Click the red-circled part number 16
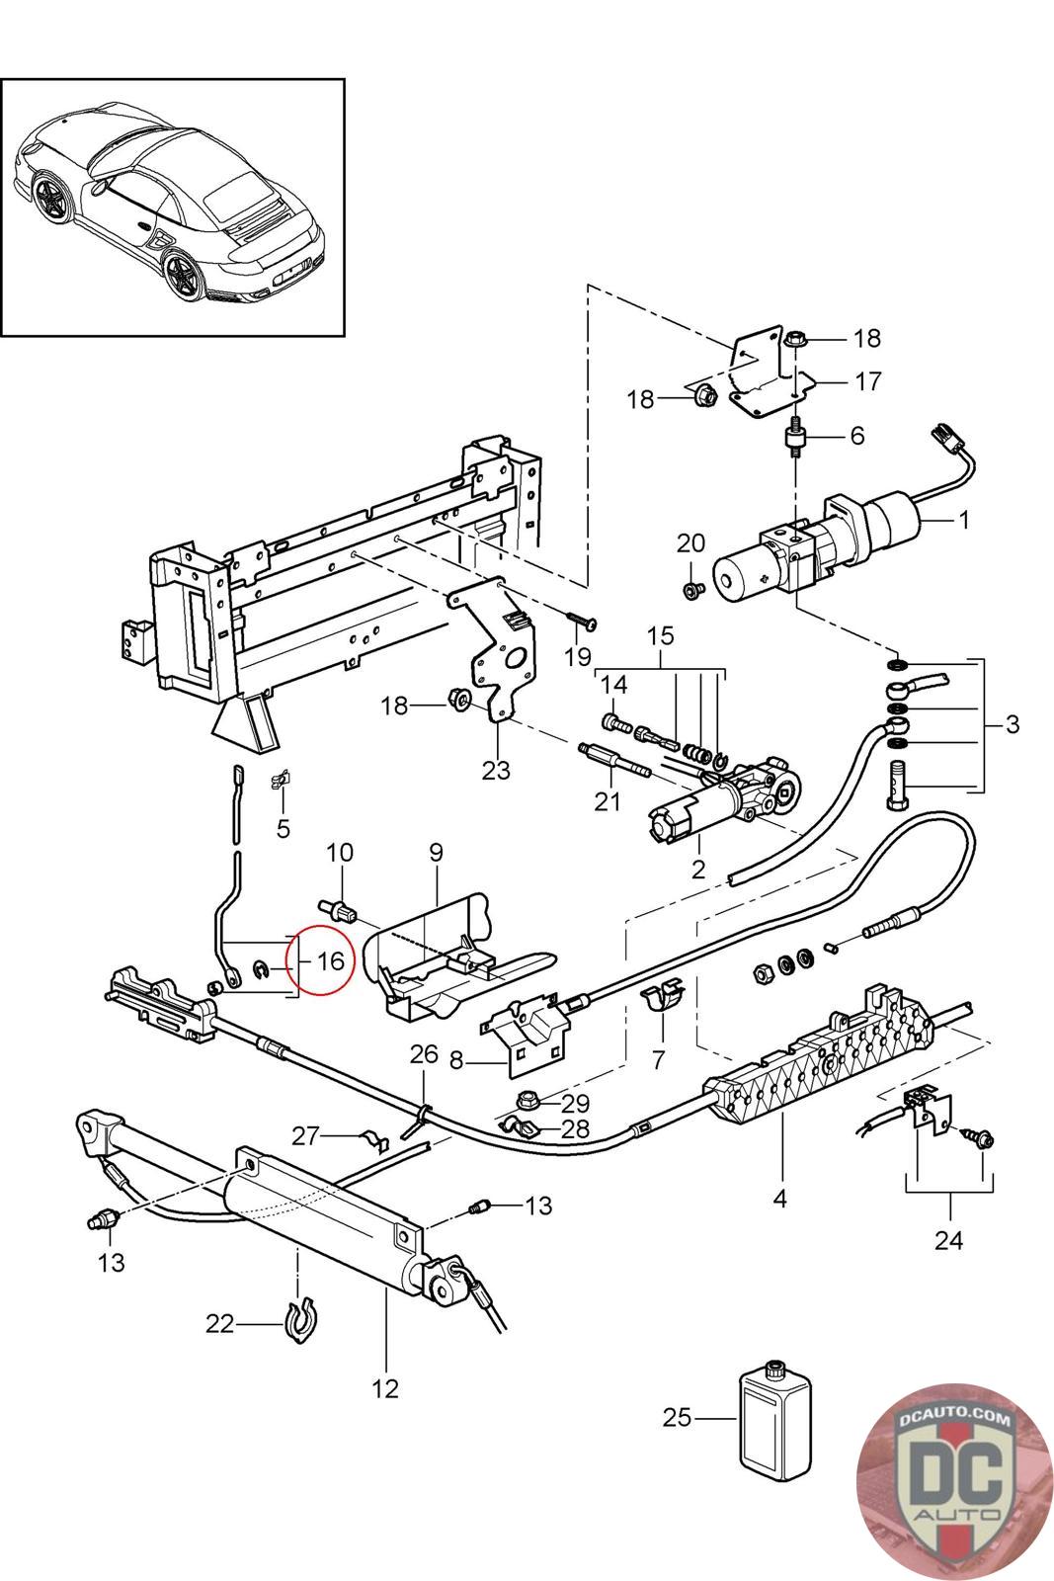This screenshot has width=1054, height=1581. coord(330,960)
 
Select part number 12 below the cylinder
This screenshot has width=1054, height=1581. coord(385,1389)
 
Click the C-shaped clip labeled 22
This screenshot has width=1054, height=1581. coord(300,1320)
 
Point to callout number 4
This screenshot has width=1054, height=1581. coord(779,1198)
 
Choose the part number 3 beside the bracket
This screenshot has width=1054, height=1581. coord(1013,723)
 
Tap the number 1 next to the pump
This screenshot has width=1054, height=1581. coord(964,520)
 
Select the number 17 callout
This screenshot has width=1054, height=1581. coord(868,381)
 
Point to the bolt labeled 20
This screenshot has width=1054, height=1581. coord(692,589)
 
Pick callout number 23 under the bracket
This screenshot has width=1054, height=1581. coord(496,770)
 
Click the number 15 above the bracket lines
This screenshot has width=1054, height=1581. coord(660,636)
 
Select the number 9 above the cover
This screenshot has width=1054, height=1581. coord(436,852)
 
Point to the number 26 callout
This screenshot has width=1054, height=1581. coord(424,1053)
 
